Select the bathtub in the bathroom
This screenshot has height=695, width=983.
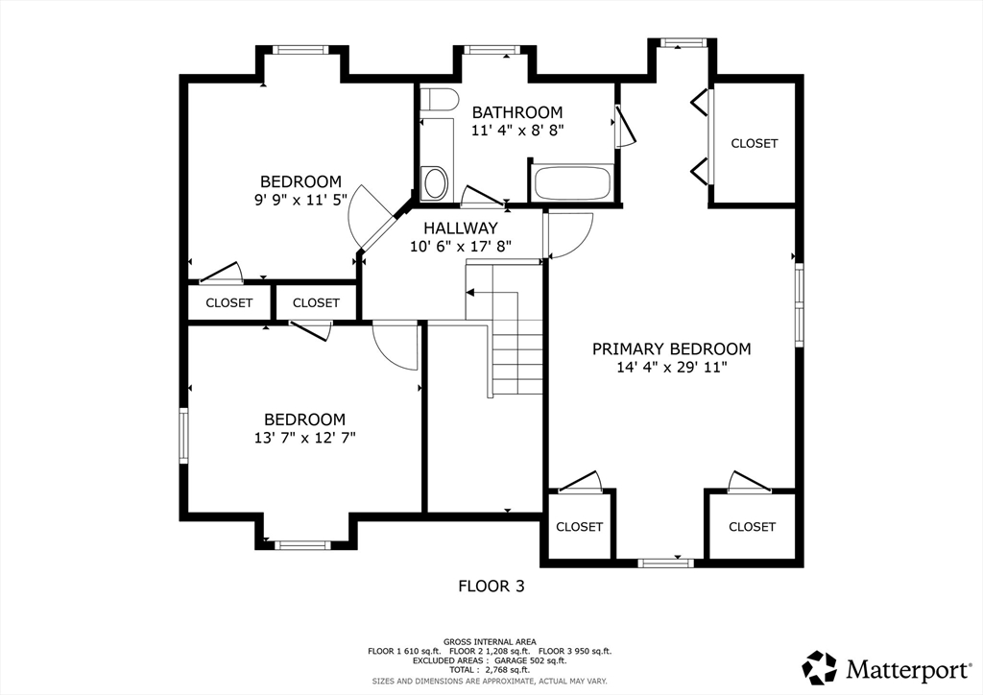571,183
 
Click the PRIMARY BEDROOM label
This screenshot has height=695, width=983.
671,349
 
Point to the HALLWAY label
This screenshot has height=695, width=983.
461,228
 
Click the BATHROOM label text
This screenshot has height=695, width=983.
517,113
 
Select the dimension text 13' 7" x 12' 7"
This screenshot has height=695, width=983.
304,438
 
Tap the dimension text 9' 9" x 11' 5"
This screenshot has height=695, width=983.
300,200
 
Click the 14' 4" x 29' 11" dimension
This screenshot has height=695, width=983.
671,368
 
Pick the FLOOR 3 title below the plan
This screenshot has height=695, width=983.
491,587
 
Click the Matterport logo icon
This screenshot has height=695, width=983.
820,667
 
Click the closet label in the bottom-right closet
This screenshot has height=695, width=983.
752,527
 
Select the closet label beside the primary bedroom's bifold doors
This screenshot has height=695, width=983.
755,144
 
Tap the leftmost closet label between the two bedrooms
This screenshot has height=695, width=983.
228,303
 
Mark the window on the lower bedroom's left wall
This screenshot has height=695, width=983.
183,436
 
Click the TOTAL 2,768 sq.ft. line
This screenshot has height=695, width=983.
490,670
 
